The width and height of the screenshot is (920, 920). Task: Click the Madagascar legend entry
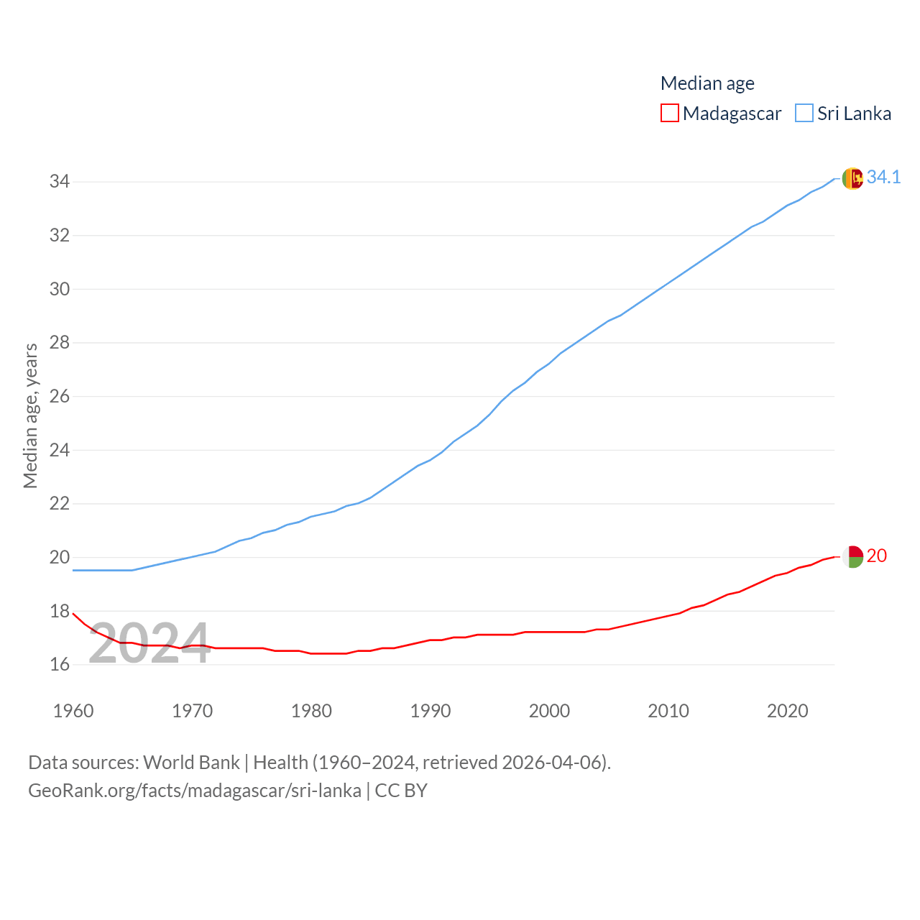click(x=721, y=114)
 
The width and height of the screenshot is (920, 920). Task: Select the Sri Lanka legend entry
click(x=844, y=114)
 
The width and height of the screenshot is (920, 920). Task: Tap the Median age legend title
click(x=707, y=83)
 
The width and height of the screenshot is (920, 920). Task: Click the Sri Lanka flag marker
click(x=852, y=178)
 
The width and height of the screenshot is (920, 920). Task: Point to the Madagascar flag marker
click(x=852, y=556)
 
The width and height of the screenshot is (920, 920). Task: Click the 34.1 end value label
click(x=883, y=177)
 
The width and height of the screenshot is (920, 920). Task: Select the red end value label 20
click(x=877, y=556)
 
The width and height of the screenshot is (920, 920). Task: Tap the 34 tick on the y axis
click(x=60, y=182)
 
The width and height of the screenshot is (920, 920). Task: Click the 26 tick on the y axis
click(x=60, y=396)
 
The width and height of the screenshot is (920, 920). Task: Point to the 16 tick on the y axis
click(x=60, y=664)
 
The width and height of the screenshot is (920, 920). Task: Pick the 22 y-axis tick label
click(x=60, y=503)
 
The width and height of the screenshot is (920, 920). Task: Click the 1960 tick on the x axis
click(x=73, y=711)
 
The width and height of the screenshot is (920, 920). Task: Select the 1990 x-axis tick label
click(x=431, y=711)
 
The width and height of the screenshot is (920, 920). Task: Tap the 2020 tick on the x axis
click(x=788, y=711)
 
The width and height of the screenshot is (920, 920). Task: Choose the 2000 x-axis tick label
click(x=549, y=711)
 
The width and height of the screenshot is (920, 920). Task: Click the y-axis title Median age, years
click(x=30, y=416)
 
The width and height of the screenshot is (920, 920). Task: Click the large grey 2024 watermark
click(x=149, y=643)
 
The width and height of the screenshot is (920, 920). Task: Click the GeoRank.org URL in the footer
click(x=194, y=791)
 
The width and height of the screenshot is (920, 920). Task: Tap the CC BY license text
click(x=401, y=791)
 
